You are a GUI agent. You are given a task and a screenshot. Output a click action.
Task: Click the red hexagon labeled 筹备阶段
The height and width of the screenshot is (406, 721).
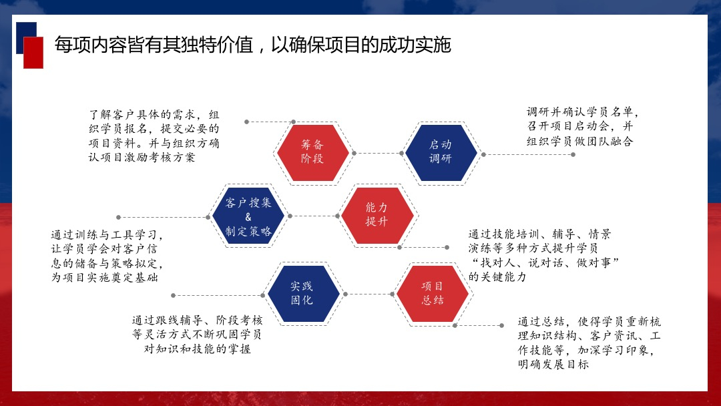coord(312,153)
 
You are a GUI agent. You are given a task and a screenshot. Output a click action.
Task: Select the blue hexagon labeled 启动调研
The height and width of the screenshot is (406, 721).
coord(441,153)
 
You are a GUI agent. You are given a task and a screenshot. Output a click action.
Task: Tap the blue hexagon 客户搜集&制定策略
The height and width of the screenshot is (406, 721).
coord(248,216)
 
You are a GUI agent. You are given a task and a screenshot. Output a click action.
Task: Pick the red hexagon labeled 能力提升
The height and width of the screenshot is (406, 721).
coord(377,216)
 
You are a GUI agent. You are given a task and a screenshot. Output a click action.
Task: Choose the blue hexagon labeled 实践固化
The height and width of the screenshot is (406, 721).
coord(304,294)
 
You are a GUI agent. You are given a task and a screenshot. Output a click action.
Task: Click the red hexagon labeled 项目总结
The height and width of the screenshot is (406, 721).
coord(432,294)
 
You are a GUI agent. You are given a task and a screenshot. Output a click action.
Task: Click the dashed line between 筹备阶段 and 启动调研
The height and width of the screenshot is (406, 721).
coord(377,153)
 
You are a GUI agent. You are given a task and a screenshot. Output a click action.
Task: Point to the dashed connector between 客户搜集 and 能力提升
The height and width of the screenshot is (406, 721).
coord(314,216)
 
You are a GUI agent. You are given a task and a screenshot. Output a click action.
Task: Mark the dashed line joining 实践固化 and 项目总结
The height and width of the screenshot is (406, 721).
coord(369,294)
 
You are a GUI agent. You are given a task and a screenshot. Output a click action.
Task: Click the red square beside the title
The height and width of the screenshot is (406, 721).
coord(33,53)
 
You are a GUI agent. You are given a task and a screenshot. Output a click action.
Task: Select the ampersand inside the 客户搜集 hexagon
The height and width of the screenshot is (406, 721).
coord(248,217)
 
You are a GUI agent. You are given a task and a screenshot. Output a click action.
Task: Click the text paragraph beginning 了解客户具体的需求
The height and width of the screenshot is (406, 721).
coord(154,136)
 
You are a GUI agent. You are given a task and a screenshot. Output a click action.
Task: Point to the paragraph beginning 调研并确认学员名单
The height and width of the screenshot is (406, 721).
coord(582,126)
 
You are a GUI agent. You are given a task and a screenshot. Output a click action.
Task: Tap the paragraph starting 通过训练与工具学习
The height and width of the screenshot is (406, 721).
coord(107,256)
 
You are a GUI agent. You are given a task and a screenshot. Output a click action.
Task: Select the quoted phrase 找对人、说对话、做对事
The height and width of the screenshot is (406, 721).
coord(545,262)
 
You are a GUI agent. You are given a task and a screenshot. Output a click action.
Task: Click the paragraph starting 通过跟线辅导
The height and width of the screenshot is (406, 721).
coord(197,335)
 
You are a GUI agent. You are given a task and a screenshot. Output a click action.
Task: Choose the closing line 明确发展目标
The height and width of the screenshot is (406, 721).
coord(553,364)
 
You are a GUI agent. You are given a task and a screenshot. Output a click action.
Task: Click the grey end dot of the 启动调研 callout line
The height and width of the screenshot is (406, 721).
coord(573,154)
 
